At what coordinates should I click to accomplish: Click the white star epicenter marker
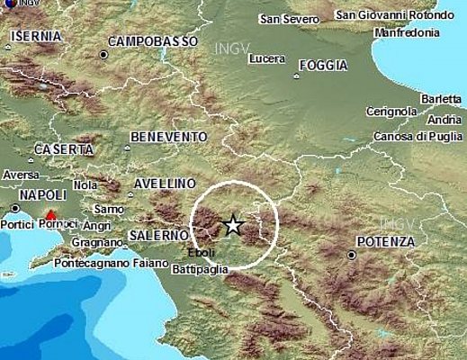coord(234,225)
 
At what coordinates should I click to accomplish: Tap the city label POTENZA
coord(385,242)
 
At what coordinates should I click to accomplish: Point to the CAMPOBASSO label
coord(152,42)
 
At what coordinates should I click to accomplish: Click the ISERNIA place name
coord(37,36)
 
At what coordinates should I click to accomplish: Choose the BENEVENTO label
coord(168,136)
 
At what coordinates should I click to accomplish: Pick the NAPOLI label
coord(41,194)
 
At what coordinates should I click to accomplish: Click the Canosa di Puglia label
coord(423,136)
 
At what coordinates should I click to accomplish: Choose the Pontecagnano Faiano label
coord(112,263)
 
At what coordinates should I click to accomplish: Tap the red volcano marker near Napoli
coord(51,216)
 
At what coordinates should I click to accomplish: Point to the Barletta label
coord(440,99)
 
